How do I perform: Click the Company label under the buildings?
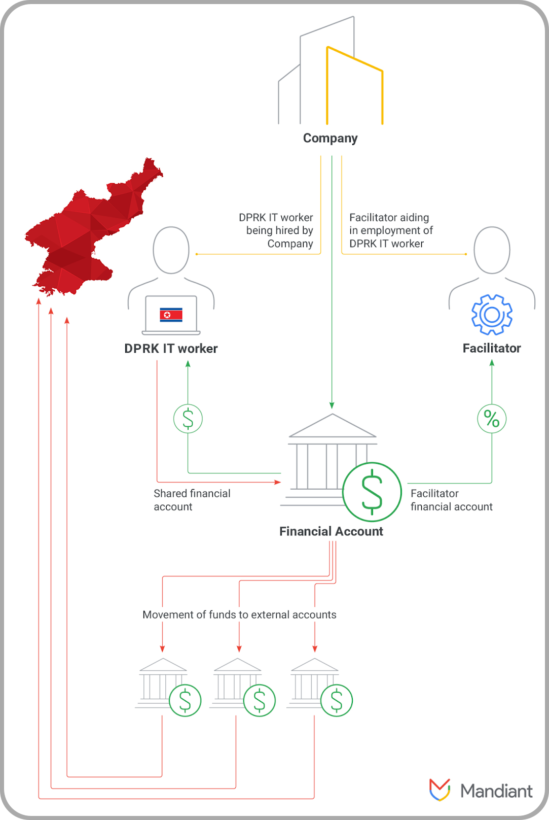click(x=331, y=139)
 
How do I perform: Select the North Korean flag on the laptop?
click(x=171, y=315)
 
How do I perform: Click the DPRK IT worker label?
click(x=171, y=349)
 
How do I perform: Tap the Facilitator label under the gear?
click(x=492, y=348)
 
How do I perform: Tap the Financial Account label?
click(x=331, y=531)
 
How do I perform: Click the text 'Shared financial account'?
click(x=192, y=500)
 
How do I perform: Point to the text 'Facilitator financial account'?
click(x=451, y=500)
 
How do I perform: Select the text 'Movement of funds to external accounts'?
click(x=239, y=614)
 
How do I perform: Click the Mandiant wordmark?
click(x=496, y=791)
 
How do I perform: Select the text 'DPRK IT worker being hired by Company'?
click(x=276, y=230)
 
